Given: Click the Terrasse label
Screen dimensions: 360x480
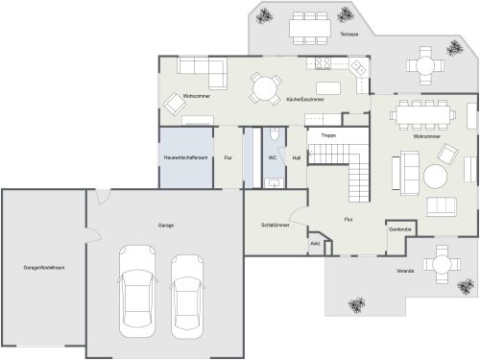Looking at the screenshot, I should (348, 34).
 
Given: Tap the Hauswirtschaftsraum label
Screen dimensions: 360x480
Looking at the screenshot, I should (186, 156).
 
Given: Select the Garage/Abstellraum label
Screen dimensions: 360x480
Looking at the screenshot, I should (44, 266).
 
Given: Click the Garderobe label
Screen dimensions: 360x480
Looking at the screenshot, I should (400, 229).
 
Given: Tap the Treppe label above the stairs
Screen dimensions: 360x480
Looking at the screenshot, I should (327, 135).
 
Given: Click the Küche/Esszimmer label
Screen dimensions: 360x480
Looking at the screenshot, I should (304, 99).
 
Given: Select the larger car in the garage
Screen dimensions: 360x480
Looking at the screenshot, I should (138, 295).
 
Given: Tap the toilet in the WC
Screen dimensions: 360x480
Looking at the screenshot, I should (274, 135).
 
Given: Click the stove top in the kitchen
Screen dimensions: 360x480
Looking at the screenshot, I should (322, 63).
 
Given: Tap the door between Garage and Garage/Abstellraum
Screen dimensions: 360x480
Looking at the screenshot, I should (87, 237).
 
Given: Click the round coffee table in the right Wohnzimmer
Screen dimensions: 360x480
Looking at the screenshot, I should (437, 177).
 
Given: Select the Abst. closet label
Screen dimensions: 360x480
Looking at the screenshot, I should (315, 244).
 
